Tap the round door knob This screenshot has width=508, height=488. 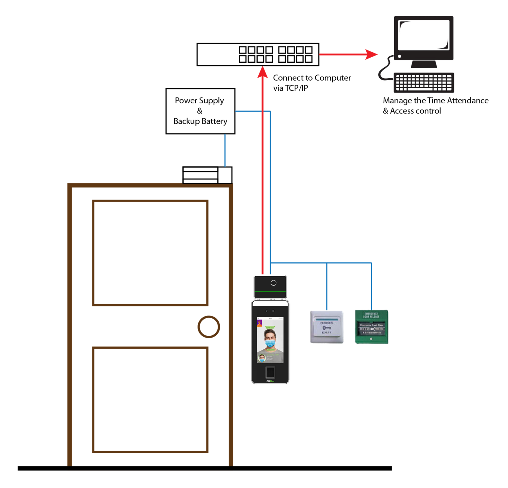click(209, 327)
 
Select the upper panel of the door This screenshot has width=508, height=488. click(150, 253)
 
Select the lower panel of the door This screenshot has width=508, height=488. click(150, 400)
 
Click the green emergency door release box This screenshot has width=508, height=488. click(372, 327)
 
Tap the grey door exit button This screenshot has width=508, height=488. click(327, 327)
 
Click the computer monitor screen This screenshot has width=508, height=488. click(424, 35)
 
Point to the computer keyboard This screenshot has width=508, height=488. click(424, 82)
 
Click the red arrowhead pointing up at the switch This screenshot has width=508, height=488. click(262, 72)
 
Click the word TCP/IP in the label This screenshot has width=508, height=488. click(296, 88)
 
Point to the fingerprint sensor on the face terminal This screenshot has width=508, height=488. click(270, 372)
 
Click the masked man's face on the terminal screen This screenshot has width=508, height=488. click(270, 339)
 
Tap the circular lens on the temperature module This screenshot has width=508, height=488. click(274, 283)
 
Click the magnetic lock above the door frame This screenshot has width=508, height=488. click(207, 175)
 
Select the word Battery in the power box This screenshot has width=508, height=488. click(214, 121)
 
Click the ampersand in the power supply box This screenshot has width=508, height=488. click(199, 111)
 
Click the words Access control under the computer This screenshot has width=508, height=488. click(415, 111)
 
